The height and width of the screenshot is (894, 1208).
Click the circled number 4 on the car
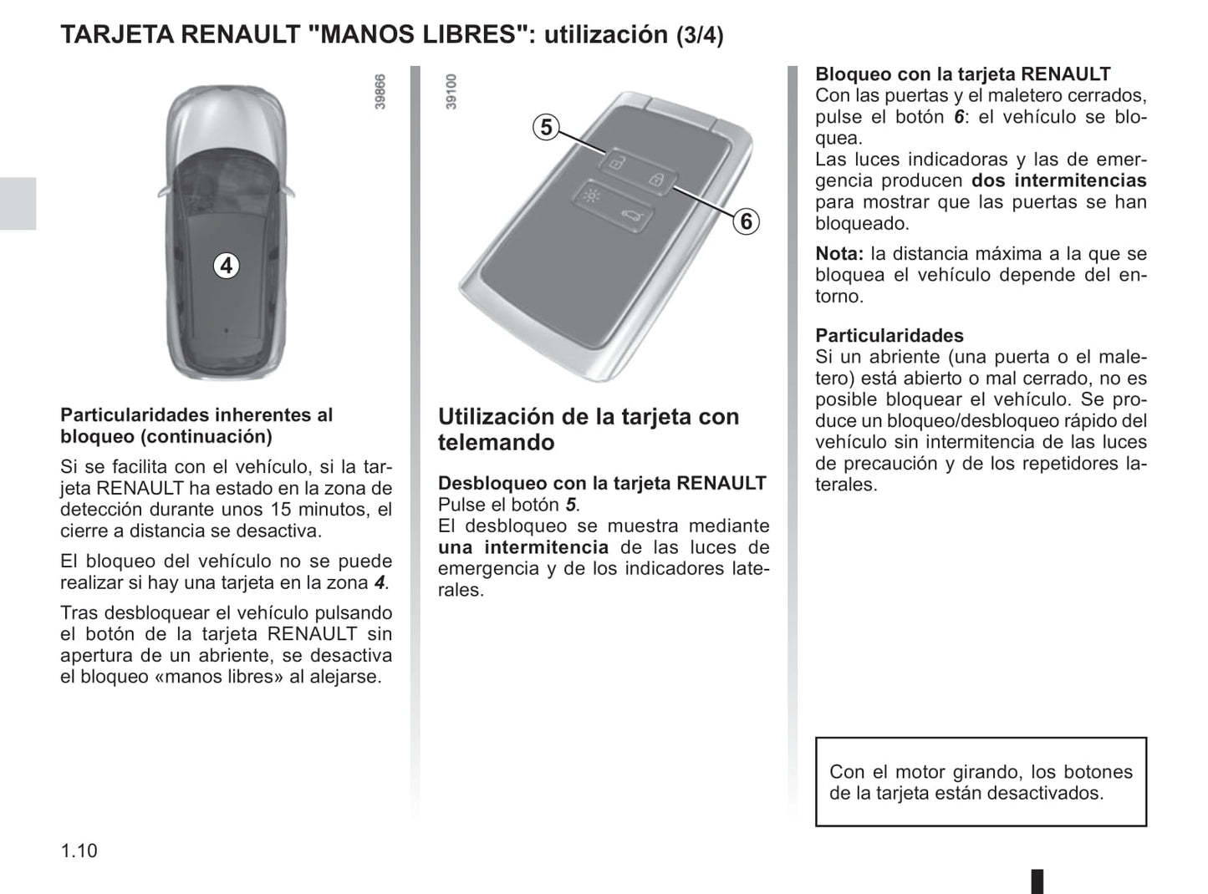point(226,266)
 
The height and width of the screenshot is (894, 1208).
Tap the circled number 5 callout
point(546,127)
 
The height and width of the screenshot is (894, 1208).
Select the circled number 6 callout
point(746,221)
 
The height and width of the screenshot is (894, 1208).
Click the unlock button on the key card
point(615,163)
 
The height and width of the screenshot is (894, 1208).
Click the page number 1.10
point(79,851)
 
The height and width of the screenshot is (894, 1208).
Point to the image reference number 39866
point(380,93)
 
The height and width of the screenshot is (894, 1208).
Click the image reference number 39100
point(452,92)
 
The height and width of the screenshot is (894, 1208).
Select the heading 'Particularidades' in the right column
point(889,335)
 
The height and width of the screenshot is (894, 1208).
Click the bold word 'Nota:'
point(838,253)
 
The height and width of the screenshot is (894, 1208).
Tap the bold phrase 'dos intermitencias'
point(1058,180)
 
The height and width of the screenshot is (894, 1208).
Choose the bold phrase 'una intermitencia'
point(523,547)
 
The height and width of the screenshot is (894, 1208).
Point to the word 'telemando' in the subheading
point(496,443)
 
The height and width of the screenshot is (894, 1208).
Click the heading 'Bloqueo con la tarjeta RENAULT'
point(963,74)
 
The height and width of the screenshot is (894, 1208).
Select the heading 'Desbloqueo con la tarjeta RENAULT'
point(602,483)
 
